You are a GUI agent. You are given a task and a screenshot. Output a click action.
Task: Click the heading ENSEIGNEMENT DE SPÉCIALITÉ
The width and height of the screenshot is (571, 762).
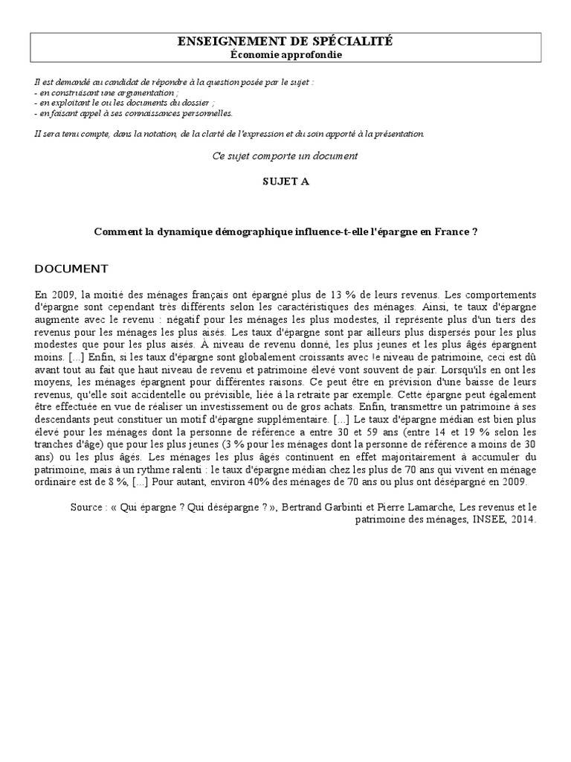(285, 42)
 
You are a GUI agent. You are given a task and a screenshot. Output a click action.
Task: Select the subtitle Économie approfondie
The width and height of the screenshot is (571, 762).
(285, 55)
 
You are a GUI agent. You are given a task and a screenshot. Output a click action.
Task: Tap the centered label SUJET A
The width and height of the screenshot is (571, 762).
(285, 182)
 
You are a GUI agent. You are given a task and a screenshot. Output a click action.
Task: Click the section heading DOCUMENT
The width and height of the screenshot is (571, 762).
(71, 269)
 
